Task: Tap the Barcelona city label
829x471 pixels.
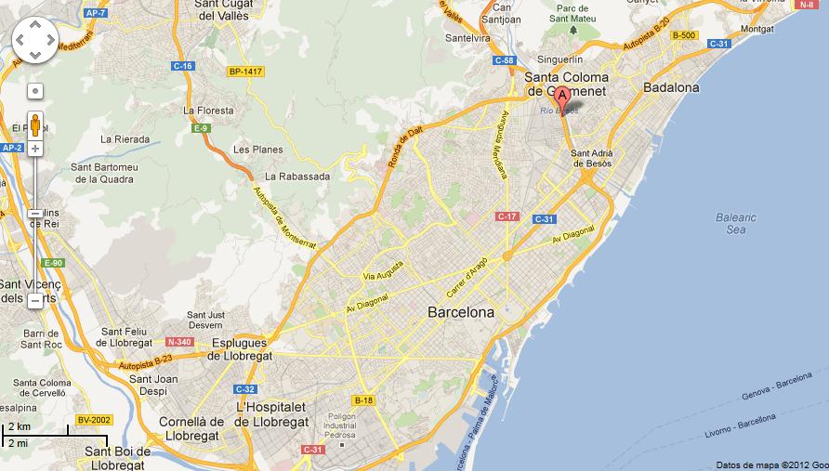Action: [460, 312]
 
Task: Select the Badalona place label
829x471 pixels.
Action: [670, 87]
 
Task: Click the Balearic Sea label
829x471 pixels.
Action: [736, 223]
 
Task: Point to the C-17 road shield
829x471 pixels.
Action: [507, 216]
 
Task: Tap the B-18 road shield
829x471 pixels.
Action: [363, 400]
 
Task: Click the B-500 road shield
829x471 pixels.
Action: [684, 35]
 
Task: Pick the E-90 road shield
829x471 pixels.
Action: [52, 263]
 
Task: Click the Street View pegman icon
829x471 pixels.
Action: [35, 123]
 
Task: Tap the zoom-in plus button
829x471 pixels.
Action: [35, 149]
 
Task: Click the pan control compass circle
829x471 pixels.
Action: [35, 39]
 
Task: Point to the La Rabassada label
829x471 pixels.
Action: [296, 176]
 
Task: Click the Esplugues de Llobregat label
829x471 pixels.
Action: [240, 349]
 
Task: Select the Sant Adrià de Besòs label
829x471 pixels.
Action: [591, 158]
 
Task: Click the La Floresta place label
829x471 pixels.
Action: [208, 110]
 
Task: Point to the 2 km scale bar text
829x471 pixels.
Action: [19, 426]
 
